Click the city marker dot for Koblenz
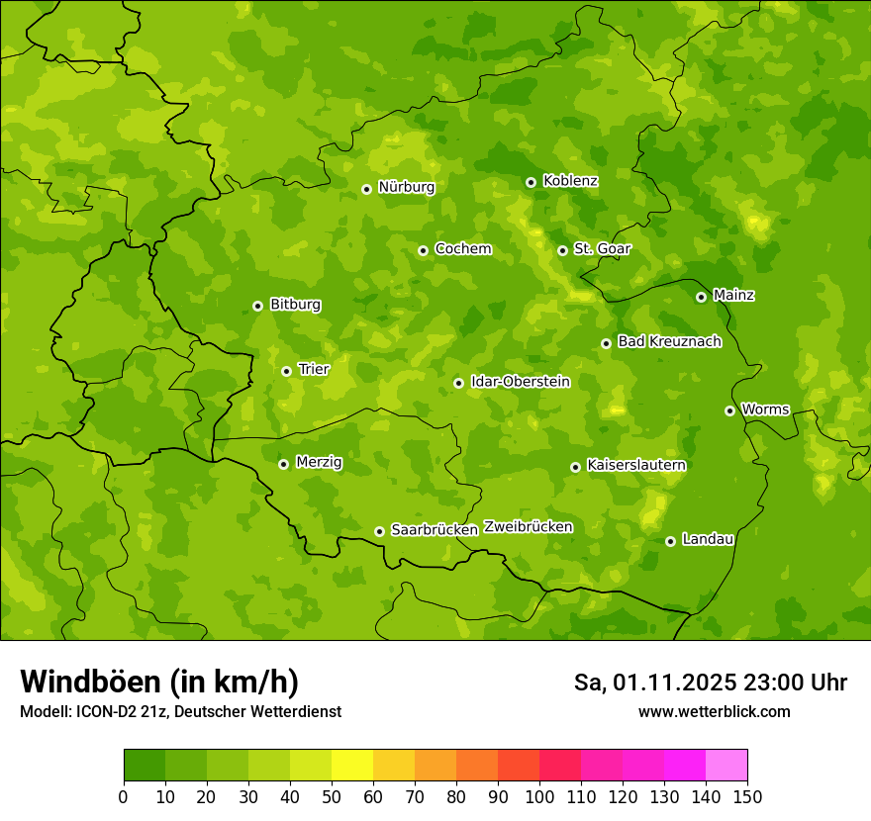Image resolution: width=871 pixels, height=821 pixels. click(531, 182)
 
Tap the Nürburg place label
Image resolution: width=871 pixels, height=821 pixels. click(406, 187)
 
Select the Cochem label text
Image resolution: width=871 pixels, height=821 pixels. click(462, 249)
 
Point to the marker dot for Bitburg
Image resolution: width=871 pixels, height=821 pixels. click(257, 306)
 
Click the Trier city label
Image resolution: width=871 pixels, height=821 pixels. click(313, 369)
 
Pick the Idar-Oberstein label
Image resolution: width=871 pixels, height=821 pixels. click(521, 382)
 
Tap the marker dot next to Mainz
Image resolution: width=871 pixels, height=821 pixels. click(701, 297)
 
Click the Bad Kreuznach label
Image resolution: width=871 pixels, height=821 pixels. click(669, 341)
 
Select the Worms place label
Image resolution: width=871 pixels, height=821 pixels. click(764, 409)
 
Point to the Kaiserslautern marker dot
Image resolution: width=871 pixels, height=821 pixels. click(575, 467)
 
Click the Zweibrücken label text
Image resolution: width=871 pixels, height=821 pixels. click(528, 527)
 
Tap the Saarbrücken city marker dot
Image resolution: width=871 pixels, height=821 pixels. click(379, 531)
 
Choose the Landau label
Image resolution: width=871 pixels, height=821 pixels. click(708, 539)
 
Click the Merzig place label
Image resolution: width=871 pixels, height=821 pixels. click(319, 462)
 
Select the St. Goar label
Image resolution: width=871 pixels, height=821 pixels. click(602, 249)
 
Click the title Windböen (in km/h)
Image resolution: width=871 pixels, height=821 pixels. click(159, 682)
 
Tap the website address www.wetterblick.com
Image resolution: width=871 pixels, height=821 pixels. click(714, 711)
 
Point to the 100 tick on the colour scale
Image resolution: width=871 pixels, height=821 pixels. click(539, 796)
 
